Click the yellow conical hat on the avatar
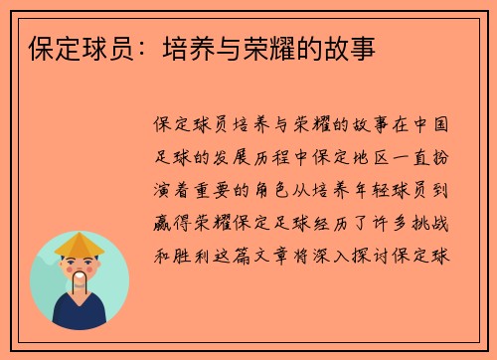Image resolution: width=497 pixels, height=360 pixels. pyautogui.click(x=80, y=244)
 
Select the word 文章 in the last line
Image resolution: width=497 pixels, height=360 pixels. pyautogui.click(x=273, y=253)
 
